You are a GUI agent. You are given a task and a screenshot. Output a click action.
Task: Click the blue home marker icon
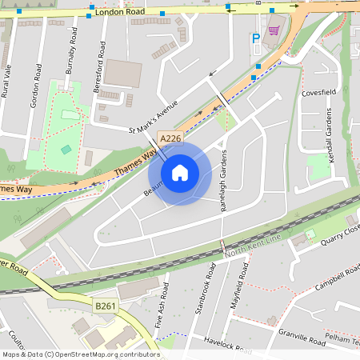180,171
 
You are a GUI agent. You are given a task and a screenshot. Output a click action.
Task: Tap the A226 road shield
170,139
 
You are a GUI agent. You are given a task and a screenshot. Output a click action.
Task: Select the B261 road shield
105,306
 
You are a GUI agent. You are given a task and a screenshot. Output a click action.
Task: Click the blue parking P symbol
256,38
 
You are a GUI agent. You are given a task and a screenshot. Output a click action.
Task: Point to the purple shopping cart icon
274,30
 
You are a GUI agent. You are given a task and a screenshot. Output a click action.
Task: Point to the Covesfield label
317,93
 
